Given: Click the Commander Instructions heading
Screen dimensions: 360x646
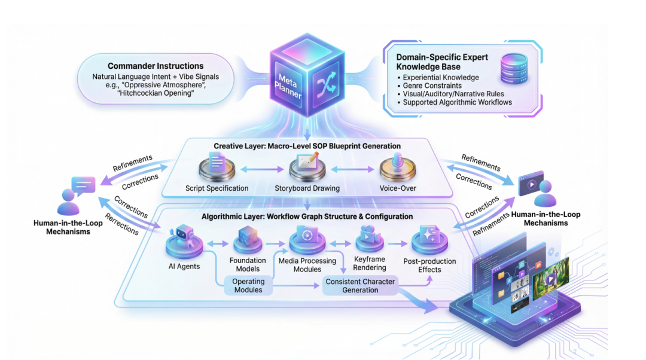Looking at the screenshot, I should pyautogui.click(x=156, y=66).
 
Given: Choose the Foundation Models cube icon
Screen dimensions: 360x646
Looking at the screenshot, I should pyautogui.click(x=248, y=240).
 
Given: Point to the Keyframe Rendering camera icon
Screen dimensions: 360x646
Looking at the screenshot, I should pyautogui.click(x=370, y=238).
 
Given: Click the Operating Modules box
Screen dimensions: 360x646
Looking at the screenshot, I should pyautogui.click(x=248, y=285).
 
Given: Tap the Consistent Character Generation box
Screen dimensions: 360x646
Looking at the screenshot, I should pyautogui.click(x=360, y=285).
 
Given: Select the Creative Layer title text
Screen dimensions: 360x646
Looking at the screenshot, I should pyautogui.click(x=307, y=146).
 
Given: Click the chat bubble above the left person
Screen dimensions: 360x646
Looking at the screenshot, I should pyautogui.click(x=83, y=185).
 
